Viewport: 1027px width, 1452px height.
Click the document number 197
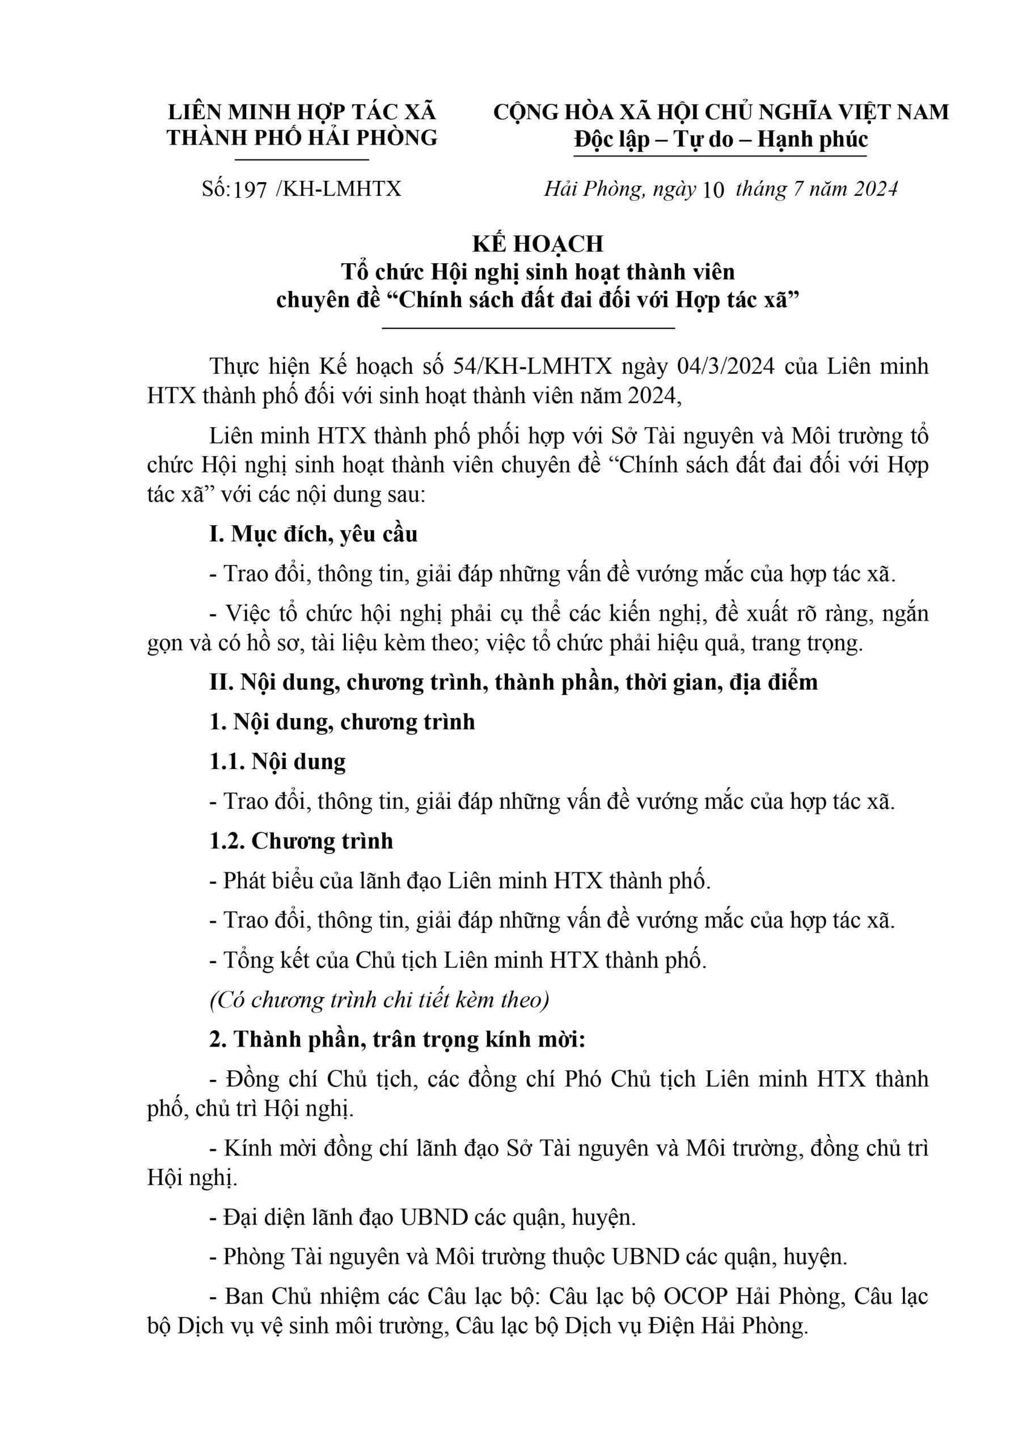tap(251, 189)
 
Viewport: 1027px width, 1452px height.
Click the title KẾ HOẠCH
tap(538, 243)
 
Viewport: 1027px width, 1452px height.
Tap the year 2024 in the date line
tap(875, 189)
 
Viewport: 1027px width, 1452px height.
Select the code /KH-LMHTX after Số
tap(339, 189)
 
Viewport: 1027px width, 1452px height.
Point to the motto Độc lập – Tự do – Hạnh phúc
tap(720, 140)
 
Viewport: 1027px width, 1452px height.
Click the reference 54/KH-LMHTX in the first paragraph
tap(532, 366)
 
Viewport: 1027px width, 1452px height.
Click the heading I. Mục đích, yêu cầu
tap(314, 534)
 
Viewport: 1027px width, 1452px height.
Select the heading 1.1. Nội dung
tap(278, 762)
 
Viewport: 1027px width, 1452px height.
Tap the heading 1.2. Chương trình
tap(301, 841)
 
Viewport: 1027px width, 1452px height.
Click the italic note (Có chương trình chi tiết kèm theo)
tap(379, 1000)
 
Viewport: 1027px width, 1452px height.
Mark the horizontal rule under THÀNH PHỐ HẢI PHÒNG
tap(302, 160)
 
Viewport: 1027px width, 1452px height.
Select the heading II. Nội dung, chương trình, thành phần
tap(514, 682)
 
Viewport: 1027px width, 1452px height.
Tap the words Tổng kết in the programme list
tap(266, 960)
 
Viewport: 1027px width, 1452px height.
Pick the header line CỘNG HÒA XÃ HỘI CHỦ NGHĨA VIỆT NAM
tap(720, 112)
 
